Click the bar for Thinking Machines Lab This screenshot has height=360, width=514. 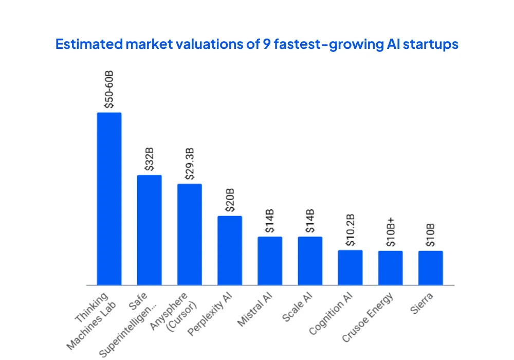109,199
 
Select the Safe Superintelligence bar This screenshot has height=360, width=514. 149,230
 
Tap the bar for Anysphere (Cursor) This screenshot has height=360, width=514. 190,234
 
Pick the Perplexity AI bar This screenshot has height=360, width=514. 230,250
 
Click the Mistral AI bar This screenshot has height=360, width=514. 270,261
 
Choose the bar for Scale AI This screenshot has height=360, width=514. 310,261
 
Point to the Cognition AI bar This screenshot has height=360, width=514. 350,267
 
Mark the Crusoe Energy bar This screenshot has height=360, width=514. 390,268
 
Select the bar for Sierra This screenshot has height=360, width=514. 430,268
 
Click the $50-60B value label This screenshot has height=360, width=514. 109,89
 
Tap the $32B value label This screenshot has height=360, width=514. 149,160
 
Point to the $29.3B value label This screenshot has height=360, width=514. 190,164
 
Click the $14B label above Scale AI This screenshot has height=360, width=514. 310,222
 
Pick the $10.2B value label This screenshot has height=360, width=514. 350,232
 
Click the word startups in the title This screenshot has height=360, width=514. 430,44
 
